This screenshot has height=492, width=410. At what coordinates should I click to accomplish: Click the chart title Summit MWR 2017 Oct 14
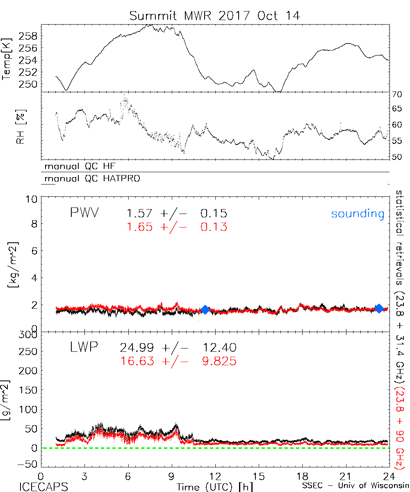(215, 16)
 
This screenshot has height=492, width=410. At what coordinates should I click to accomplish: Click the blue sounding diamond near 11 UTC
(205, 310)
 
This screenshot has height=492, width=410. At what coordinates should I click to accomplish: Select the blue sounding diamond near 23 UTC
(379, 308)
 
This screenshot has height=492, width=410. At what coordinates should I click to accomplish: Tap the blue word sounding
(358, 214)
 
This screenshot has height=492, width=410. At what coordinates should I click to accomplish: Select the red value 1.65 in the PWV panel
(139, 226)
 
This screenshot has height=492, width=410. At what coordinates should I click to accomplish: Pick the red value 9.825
(219, 361)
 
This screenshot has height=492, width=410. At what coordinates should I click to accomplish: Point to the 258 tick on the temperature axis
(30, 36)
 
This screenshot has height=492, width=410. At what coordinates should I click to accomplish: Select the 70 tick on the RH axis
(397, 95)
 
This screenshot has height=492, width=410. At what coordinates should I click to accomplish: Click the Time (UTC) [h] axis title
(209, 486)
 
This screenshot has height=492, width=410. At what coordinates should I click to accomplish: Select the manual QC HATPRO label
(89, 179)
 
